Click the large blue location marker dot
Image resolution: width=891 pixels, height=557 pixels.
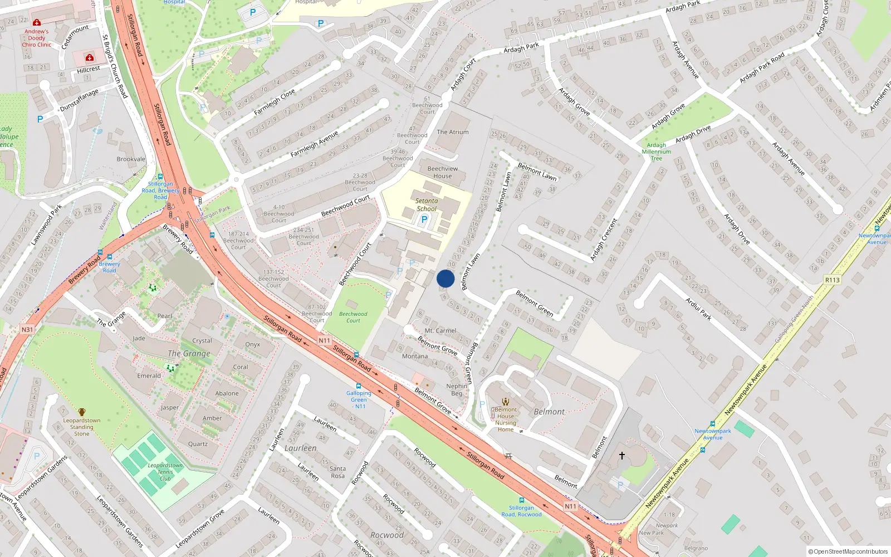pyautogui.click(x=445, y=278)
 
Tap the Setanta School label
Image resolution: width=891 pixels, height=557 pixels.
pyautogui.click(x=427, y=205)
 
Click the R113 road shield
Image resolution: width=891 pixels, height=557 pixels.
pyautogui.click(x=832, y=280)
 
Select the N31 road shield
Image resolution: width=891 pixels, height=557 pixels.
pyautogui.click(x=27, y=330)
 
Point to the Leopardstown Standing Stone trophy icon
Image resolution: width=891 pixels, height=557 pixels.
pyautogui.click(x=82, y=412)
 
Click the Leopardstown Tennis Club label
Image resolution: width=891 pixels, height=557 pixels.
pyautogui.click(x=165, y=472)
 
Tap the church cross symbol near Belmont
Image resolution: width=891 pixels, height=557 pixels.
pyautogui.click(x=622, y=456)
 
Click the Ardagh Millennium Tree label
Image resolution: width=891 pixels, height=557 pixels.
pyautogui.click(x=657, y=152)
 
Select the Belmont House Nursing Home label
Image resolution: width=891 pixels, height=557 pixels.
pyautogui.click(x=506, y=419)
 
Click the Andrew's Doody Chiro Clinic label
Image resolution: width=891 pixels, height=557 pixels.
pyautogui.click(x=36, y=38)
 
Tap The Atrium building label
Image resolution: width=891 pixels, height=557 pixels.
pyautogui.click(x=453, y=132)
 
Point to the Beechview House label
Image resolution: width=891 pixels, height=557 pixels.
pyautogui.click(x=443, y=172)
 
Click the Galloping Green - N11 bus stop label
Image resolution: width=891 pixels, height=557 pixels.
pyautogui.click(x=359, y=399)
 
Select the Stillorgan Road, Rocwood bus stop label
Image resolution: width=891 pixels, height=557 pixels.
pyautogui.click(x=521, y=511)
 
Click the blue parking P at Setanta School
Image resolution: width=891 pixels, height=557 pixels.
pyautogui.click(x=424, y=219)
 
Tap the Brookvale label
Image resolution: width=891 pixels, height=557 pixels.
pyautogui.click(x=131, y=159)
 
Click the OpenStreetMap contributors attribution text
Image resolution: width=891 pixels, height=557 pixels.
pyautogui.click(x=848, y=551)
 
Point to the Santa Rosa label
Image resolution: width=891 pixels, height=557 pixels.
pyautogui.click(x=337, y=472)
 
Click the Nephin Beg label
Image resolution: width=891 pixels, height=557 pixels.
pyautogui.click(x=457, y=389)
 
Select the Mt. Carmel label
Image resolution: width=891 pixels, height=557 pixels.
pyautogui.click(x=440, y=331)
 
